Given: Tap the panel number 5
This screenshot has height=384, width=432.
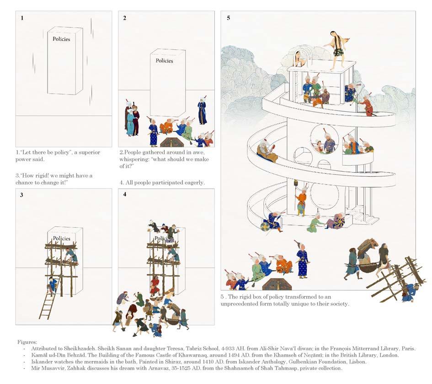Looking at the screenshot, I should [228, 18].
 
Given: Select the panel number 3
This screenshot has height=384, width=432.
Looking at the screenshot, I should [21, 195].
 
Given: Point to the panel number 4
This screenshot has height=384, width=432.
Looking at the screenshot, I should [125, 195].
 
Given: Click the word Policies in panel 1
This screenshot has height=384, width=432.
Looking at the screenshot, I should [61, 39].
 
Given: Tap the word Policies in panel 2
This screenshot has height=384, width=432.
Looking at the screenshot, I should [164, 61].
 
